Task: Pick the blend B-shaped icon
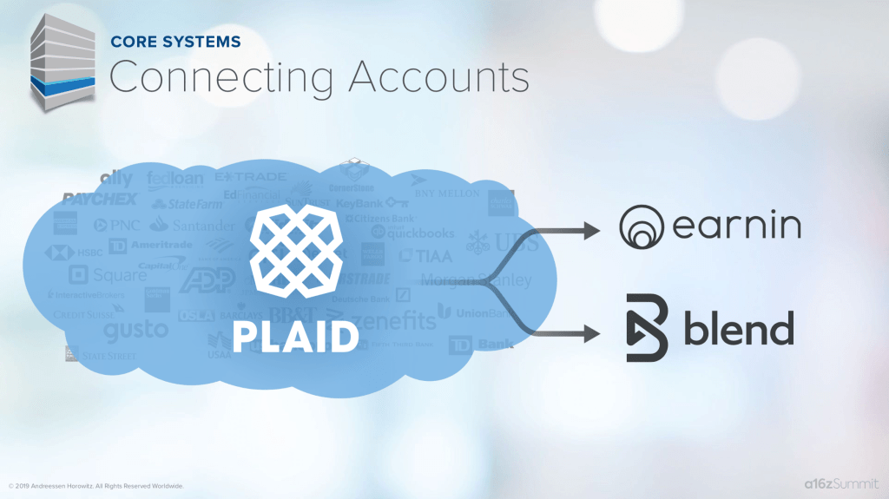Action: coord(647,328)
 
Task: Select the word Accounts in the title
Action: coord(439,77)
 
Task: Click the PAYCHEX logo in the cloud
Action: coord(100,200)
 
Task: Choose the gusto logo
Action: coord(135,331)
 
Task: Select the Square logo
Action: coord(109,275)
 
